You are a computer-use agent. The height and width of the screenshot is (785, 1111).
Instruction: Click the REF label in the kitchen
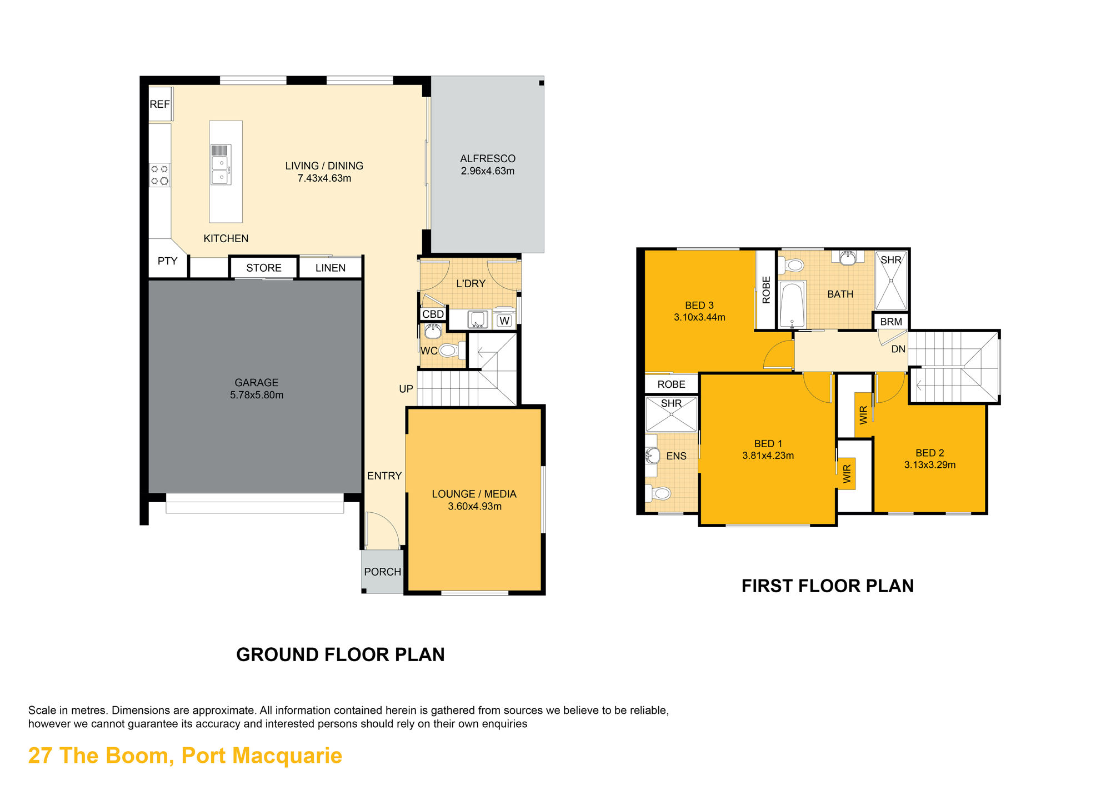click(159, 104)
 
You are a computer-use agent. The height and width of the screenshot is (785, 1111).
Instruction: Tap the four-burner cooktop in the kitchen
click(160, 175)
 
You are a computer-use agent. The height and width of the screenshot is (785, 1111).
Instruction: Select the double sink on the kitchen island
click(221, 165)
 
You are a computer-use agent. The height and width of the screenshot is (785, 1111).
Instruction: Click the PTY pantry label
click(167, 261)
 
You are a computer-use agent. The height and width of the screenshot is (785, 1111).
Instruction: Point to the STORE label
click(264, 268)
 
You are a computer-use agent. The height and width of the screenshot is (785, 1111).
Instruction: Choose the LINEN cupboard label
click(331, 268)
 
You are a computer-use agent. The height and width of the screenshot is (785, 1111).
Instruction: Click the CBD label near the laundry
click(433, 314)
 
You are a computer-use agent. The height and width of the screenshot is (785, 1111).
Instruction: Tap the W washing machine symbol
click(504, 321)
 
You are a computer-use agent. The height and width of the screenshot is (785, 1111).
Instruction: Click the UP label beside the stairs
click(406, 389)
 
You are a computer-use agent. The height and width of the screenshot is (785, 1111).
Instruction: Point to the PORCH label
click(383, 572)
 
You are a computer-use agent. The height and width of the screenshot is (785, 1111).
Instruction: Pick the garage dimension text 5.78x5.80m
click(257, 395)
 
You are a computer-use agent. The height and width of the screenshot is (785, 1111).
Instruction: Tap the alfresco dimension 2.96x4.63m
click(488, 171)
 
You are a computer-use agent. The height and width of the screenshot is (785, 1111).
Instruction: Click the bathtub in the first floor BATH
click(792, 305)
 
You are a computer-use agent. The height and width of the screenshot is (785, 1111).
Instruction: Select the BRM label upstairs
click(891, 322)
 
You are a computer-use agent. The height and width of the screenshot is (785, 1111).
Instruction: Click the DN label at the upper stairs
click(898, 349)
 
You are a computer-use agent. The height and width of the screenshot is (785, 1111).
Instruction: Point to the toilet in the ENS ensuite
click(658, 493)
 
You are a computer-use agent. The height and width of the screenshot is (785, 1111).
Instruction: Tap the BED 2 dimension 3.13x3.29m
click(930, 465)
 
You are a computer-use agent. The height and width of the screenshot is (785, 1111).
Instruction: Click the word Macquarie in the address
click(287, 756)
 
